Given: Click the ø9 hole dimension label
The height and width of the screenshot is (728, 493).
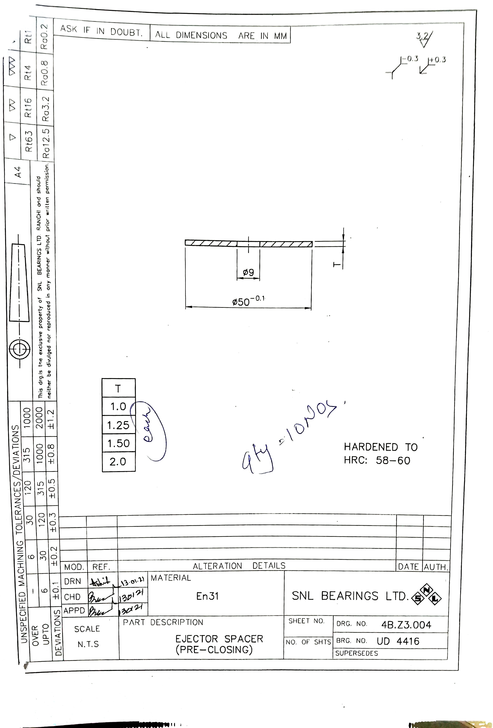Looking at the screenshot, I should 248,273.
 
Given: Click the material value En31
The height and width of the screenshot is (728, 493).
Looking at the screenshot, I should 207,596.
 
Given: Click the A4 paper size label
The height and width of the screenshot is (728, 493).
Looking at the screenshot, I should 18,172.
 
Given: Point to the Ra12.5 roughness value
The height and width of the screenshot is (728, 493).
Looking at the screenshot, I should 46,144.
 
